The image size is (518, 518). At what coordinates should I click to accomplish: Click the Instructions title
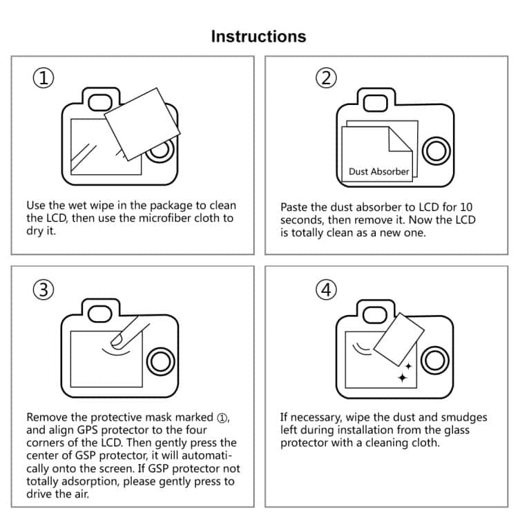[x=258, y=36]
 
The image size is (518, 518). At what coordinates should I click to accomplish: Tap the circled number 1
[x=44, y=78]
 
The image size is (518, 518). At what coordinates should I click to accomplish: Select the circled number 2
[x=326, y=78]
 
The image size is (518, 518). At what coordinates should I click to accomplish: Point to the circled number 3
[x=44, y=290]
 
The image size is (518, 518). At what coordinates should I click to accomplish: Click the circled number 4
[x=326, y=290]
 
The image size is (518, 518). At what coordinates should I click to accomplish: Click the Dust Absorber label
[x=378, y=171]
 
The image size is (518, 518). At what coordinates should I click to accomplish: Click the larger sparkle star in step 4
[x=402, y=377]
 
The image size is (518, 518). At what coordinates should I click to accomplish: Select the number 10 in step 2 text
[x=466, y=207]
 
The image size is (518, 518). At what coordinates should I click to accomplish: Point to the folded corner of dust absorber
[x=401, y=142]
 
